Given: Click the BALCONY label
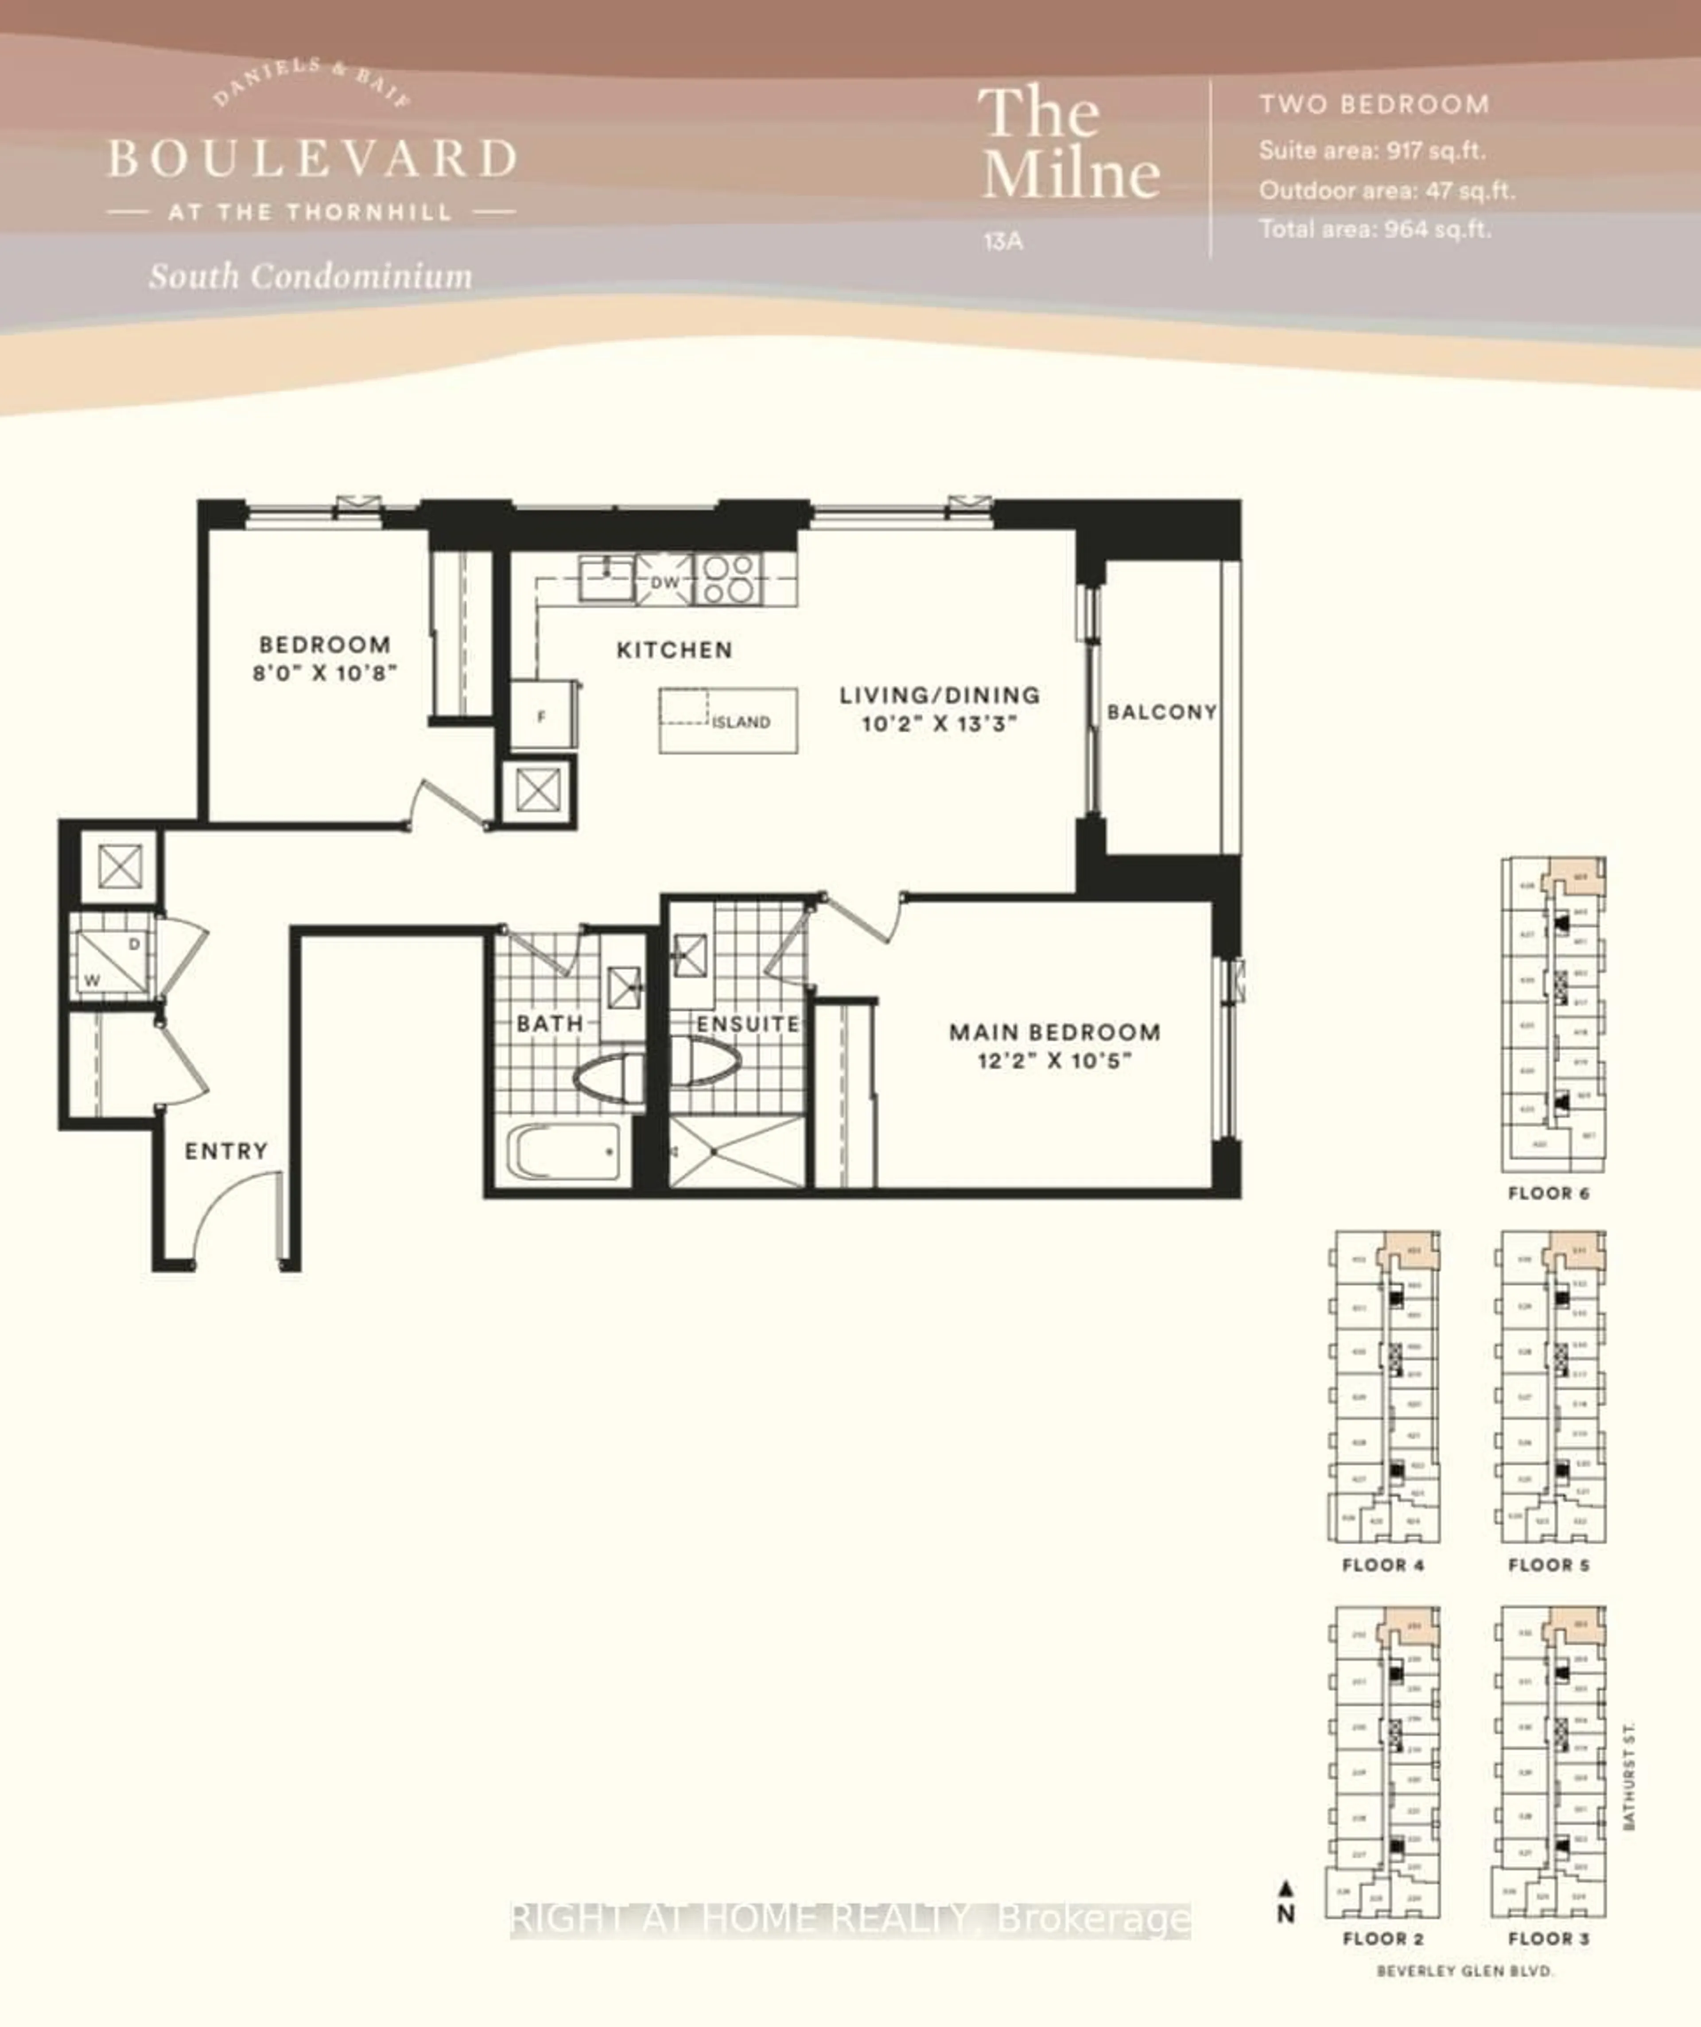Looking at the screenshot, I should (x=1161, y=712).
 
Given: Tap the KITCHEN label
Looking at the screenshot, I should (x=674, y=650).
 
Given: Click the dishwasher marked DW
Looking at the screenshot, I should (x=664, y=582).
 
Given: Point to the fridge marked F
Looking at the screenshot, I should (x=542, y=716).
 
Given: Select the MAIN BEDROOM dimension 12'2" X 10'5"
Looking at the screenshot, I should (x=1054, y=1061).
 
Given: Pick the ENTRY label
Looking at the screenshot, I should (x=226, y=1151).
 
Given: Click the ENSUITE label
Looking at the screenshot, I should (x=748, y=1023).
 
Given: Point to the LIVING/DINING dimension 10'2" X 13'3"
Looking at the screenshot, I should (x=939, y=724).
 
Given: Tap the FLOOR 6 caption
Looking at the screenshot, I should (x=1549, y=1193).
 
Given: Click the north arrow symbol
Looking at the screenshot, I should (x=1286, y=1889).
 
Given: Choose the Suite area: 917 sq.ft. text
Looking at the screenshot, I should (x=1371, y=151).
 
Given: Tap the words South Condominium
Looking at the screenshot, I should (x=310, y=277).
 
